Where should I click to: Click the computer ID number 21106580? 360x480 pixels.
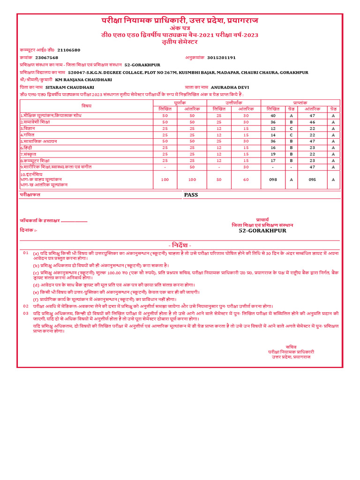coord(68,50)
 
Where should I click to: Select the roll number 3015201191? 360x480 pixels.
coord(221,58)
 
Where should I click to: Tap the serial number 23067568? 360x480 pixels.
coord(47,58)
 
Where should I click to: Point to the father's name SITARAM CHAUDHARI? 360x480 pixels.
coord(69,88)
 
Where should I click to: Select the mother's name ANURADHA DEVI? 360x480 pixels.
coord(230,88)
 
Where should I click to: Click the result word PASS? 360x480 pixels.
coord(191,195)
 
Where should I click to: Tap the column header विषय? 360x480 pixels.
coord(86,105)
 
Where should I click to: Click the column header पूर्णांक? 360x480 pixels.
coord(180,102)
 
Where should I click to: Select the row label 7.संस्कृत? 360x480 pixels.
coord(29,154)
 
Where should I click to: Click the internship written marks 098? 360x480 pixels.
coord(273,180)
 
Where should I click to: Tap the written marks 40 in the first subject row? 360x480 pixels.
coord(273,115)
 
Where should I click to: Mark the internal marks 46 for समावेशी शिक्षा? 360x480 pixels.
coord(312,122)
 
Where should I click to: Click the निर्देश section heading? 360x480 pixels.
coord(180,246)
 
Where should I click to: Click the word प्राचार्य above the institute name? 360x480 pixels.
coord(262,219)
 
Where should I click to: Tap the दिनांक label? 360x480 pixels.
coord(28,230)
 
